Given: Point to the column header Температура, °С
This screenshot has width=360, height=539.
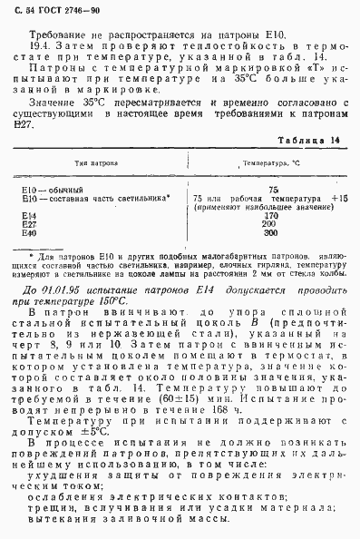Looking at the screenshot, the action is pyautogui.click(x=264, y=164).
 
